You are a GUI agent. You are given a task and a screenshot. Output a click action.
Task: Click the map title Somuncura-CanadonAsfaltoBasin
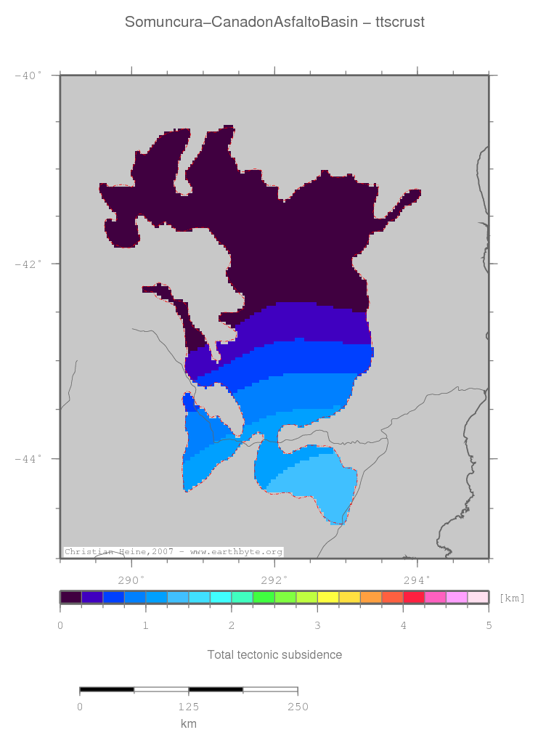[x=242, y=22]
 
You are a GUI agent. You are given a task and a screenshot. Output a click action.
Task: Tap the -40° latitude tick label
[x=28, y=75]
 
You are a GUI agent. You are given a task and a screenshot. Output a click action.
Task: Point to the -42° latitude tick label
[x=28, y=264]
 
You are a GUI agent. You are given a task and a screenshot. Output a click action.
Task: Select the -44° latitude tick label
[x=28, y=458]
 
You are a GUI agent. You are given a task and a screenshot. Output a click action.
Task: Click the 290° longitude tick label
[x=131, y=580]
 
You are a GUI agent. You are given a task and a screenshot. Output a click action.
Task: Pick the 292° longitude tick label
[x=274, y=580]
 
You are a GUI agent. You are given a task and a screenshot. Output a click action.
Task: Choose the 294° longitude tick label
[x=417, y=580]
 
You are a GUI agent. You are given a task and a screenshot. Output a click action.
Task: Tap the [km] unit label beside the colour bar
[x=512, y=598]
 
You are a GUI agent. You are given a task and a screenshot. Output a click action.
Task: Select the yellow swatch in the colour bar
[x=328, y=597]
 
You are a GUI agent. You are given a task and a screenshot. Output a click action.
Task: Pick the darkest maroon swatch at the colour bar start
[x=70, y=597]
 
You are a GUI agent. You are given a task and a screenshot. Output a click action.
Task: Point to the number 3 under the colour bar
[x=317, y=625]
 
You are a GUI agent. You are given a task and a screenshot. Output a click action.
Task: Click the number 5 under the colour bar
[x=489, y=625]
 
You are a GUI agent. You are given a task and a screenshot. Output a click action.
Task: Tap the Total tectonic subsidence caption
[x=274, y=655]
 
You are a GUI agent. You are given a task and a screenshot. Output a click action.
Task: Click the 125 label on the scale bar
[x=189, y=707]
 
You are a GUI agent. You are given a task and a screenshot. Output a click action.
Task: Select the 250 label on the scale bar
[x=298, y=707]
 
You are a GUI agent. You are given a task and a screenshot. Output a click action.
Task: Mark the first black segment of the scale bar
[x=107, y=689]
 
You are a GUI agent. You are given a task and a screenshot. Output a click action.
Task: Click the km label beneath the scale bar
[x=189, y=724]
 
